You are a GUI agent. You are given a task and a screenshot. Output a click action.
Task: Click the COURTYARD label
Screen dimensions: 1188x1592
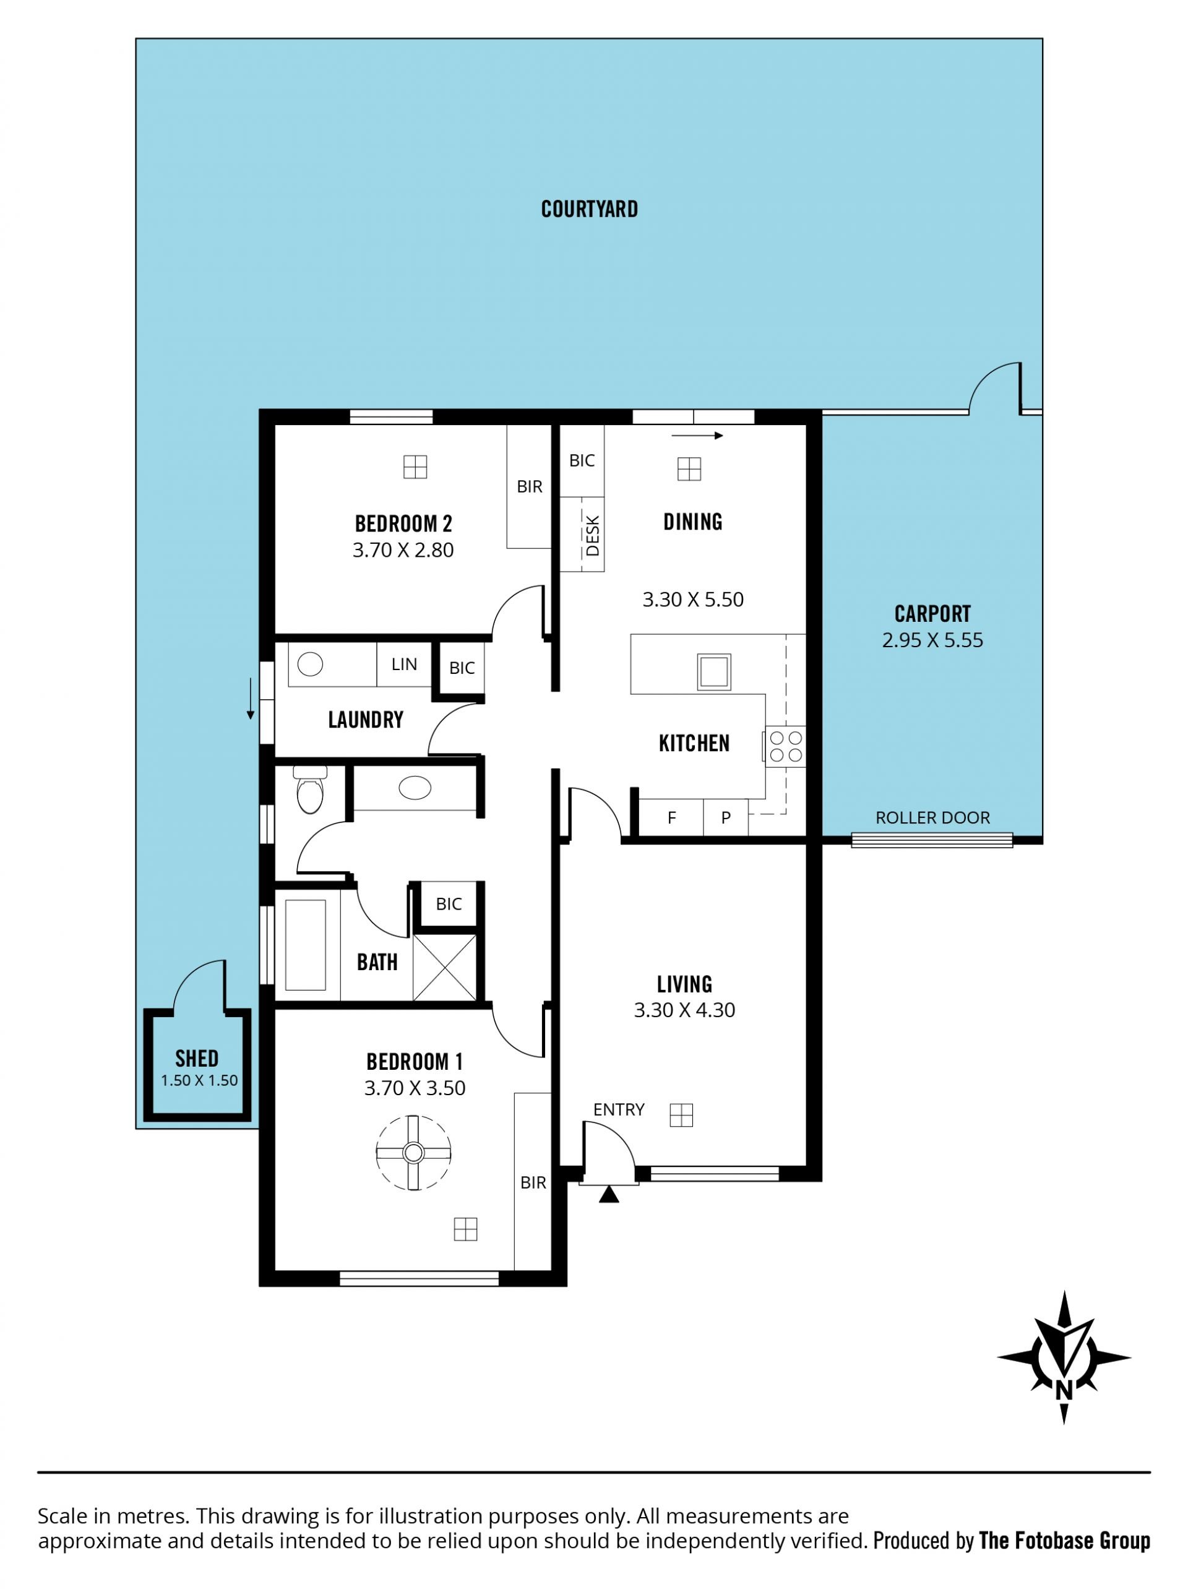(x=589, y=209)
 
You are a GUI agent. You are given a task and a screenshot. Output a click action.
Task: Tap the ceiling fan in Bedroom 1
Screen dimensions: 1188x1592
(x=413, y=1153)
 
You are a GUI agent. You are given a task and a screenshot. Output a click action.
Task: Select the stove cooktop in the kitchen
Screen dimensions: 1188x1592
(x=785, y=746)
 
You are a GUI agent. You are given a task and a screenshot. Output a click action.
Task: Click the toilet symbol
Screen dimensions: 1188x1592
(x=310, y=789)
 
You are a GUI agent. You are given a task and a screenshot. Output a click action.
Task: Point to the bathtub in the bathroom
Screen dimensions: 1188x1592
(x=306, y=945)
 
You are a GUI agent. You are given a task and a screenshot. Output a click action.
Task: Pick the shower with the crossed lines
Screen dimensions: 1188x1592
(x=444, y=967)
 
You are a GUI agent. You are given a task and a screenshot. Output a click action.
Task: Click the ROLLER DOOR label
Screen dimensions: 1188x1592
(x=932, y=817)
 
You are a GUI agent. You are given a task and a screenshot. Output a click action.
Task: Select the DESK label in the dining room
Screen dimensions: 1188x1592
(x=593, y=536)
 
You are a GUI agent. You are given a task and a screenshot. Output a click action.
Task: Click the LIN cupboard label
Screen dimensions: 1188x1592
(x=404, y=665)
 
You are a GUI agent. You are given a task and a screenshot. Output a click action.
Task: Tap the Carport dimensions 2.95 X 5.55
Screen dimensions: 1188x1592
(x=932, y=640)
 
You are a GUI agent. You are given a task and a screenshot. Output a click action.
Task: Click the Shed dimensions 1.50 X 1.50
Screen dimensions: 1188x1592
(x=199, y=1080)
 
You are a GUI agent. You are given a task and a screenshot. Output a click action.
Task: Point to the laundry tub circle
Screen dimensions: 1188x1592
(x=310, y=665)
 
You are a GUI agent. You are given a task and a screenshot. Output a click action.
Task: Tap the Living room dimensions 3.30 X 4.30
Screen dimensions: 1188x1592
(x=684, y=1010)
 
